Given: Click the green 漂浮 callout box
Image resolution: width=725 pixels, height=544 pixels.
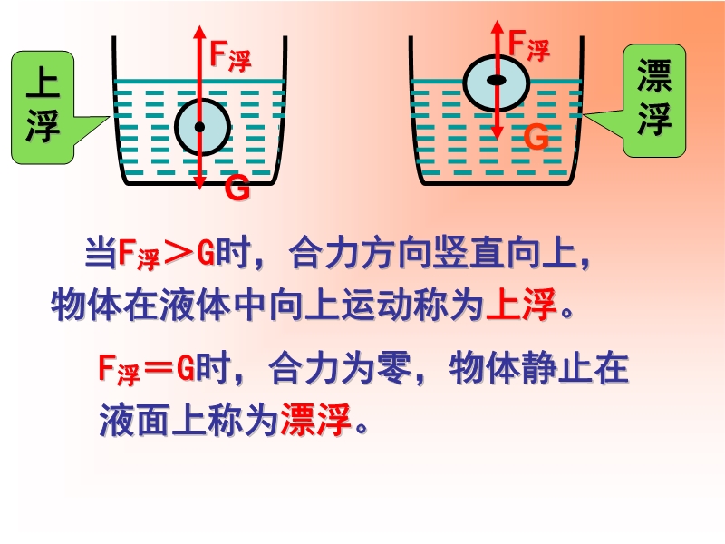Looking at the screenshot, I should pyautogui.click(x=654, y=100).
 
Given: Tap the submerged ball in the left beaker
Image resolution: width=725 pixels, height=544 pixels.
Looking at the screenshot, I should pyautogui.click(x=202, y=126).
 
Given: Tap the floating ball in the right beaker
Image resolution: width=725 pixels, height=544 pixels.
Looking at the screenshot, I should pyautogui.click(x=496, y=82).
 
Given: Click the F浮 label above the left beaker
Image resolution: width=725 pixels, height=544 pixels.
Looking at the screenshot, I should pyautogui.click(x=230, y=56).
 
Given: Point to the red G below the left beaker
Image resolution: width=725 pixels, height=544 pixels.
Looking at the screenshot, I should pyautogui.click(x=237, y=189).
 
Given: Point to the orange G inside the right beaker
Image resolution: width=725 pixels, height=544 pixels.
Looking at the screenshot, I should pyautogui.click(x=536, y=137).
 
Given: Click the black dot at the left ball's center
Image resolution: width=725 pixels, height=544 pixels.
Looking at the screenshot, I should pyautogui.click(x=199, y=127).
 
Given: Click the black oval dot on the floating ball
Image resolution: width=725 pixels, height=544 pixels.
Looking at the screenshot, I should pyautogui.click(x=496, y=81).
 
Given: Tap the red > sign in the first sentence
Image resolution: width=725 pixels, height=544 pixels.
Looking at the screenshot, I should pyautogui.click(x=179, y=255).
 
